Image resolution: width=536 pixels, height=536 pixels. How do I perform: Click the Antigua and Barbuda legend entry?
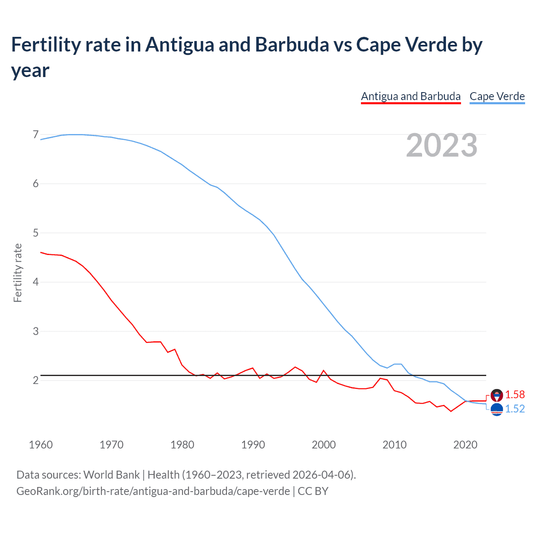(x=411, y=96)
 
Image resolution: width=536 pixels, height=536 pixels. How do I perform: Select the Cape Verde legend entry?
(x=497, y=96)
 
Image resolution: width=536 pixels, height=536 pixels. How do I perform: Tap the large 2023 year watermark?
(x=442, y=145)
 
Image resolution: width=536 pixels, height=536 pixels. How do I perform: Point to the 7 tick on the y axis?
(x=36, y=134)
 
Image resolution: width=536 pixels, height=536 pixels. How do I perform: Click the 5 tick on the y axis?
(x=36, y=233)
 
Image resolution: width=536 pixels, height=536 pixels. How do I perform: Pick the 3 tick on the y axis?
(x=36, y=331)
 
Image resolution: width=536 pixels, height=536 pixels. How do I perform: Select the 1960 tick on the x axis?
(x=41, y=445)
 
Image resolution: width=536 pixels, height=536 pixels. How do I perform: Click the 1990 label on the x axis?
(x=253, y=445)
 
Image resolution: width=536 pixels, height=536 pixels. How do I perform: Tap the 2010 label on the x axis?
(x=394, y=445)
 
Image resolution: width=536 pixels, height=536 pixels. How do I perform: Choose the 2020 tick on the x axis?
(x=465, y=445)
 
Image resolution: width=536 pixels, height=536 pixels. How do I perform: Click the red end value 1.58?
(x=515, y=395)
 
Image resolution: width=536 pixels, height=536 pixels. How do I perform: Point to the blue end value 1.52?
(x=515, y=409)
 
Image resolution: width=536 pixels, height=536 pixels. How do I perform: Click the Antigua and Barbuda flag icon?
(x=497, y=395)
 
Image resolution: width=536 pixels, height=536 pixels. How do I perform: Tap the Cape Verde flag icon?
(x=497, y=410)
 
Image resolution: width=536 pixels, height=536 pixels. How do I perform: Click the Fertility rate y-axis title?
(x=18, y=273)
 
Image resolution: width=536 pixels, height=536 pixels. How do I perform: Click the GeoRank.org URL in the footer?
(x=153, y=491)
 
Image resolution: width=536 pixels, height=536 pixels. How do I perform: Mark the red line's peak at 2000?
(x=324, y=371)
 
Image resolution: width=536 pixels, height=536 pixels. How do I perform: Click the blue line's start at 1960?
(x=41, y=139)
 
